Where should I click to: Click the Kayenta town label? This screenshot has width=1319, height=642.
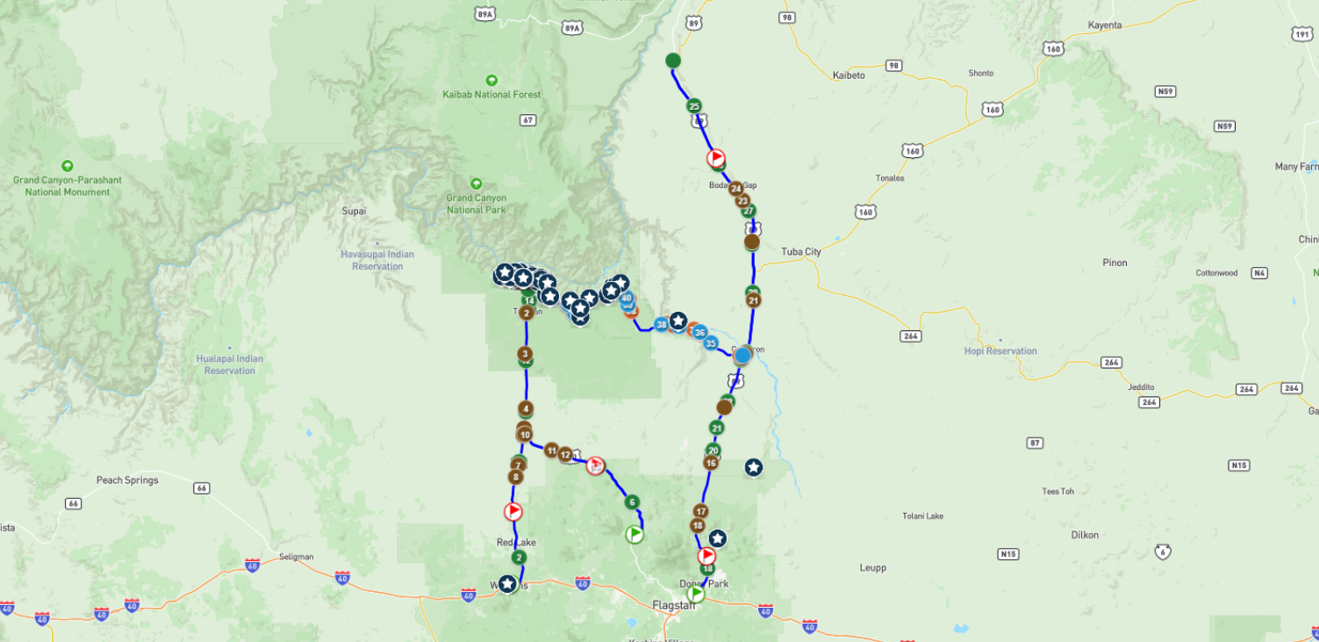pos(1104,25)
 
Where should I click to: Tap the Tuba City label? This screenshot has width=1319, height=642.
pos(800,252)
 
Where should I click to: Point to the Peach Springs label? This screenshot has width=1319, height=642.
pos(127,480)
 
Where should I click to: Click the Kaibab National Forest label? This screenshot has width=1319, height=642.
pos(491,94)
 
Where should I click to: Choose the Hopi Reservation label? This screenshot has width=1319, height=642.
pos(1000,351)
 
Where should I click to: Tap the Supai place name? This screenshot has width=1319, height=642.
pos(354,211)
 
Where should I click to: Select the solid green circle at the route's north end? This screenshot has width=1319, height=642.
pos(673,61)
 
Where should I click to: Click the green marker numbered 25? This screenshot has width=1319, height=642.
pos(694,106)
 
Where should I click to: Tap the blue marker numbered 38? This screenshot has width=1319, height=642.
pos(661,324)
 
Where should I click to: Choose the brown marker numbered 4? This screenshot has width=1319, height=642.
pos(525,408)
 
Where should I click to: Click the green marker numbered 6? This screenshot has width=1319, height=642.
pos(632,502)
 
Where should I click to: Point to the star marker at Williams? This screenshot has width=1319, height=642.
pos(506,583)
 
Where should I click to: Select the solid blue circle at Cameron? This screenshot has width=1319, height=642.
pos(742,356)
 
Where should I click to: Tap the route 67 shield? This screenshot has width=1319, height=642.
pos(527,119)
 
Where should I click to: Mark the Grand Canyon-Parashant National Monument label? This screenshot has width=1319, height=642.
pos(68,185)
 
